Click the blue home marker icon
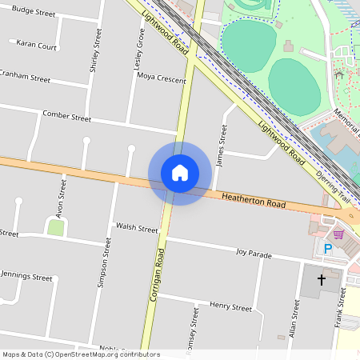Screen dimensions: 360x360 [x=180, y=173]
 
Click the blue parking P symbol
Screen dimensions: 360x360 [x=327, y=249]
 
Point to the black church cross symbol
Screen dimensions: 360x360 [x=322, y=280]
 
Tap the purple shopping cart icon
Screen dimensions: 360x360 [x=339, y=234]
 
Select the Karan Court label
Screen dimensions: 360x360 [x=37, y=46]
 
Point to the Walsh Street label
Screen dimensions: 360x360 [x=137, y=229]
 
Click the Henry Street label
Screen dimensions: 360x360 [x=230, y=306]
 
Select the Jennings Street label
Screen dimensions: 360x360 [x=26, y=277]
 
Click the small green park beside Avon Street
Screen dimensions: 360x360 [x=55, y=228]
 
